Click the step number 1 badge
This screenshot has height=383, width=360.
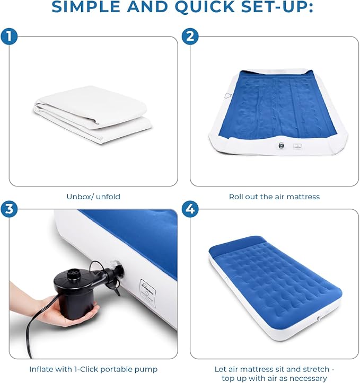pos(9,37)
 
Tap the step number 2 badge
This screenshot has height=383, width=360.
pos(190,37)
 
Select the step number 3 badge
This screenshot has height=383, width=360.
pos(9,209)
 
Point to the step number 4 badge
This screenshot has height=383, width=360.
pos(190,209)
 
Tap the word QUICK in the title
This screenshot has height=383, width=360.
pos(205,6)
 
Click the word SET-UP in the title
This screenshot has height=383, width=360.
pos(277,6)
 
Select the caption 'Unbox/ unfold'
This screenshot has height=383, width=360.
pos(93,197)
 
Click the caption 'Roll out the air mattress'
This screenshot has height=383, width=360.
pos(274,197)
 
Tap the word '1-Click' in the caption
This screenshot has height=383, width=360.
pos(86,369)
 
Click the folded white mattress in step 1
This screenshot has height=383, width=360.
pos(93,114)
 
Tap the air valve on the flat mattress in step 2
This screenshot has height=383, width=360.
pos(281,146)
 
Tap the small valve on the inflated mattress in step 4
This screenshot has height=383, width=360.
pos(319,318)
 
